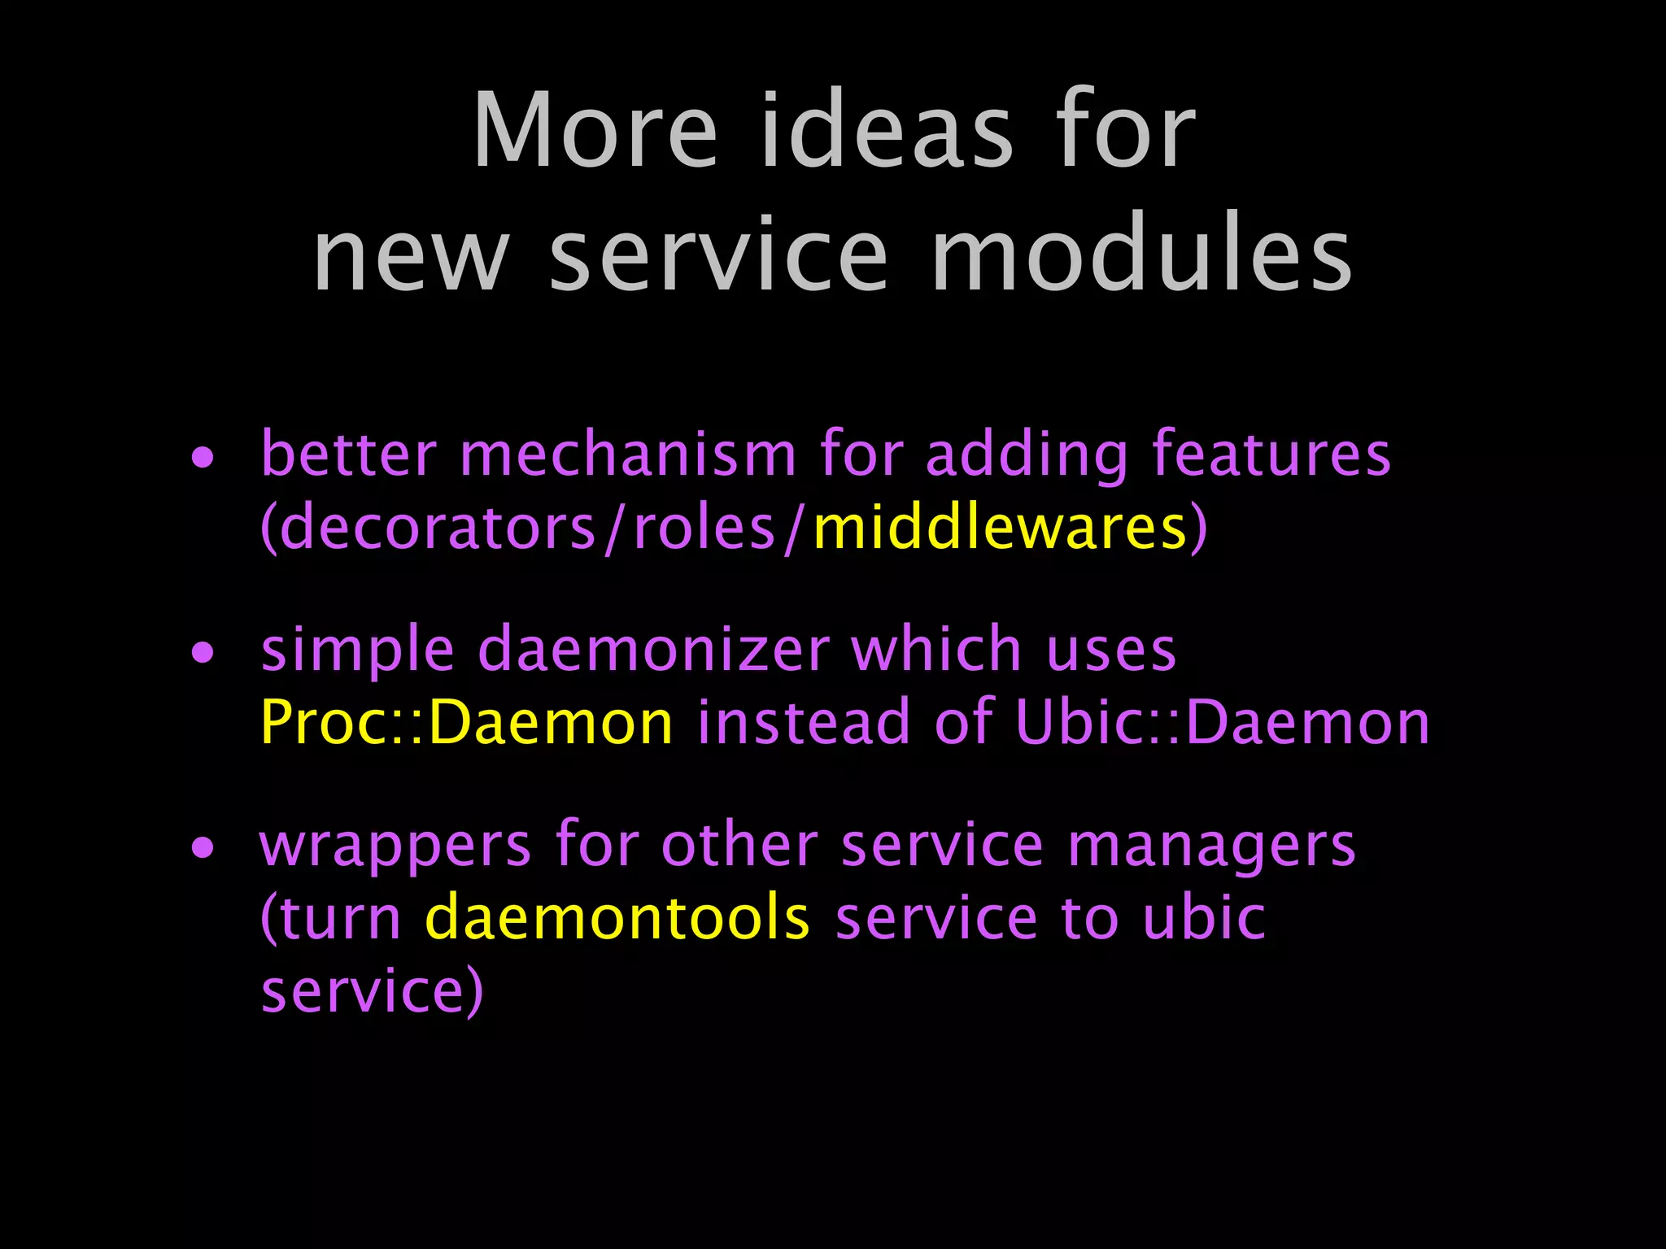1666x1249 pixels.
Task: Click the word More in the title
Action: coord(595,131)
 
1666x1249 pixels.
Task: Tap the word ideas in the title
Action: coord(887,131)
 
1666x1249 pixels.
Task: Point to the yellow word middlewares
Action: coord(1000,528)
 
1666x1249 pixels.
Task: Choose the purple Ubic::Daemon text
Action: coord(1223,722)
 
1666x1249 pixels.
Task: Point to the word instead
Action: coord(803,722)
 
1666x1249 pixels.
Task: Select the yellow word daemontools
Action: coord(617,918)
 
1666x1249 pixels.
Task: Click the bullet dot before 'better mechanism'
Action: coord(203,457)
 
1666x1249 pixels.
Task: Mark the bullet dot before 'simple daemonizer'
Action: coord(203,652)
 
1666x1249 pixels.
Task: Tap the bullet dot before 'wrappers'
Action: coord(203,848)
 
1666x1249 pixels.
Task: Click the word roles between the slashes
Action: coord(704,528)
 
